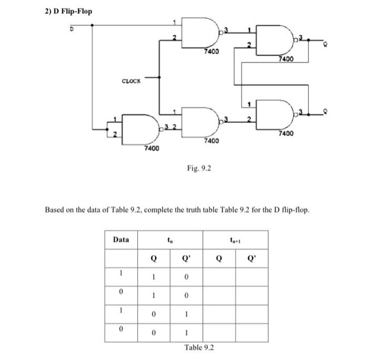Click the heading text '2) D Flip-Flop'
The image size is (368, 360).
(x=68, y=10)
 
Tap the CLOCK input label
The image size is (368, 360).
(x=131, y=81)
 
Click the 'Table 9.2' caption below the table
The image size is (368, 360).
(x=199, y=347)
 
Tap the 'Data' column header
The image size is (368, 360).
(x=121, y=240)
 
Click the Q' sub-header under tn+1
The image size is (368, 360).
(x=251, y=258)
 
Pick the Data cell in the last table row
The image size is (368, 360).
(x=121, y=331)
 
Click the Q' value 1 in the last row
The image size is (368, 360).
(x=186, y=331)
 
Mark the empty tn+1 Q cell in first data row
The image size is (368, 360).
(x=219, y=276)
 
